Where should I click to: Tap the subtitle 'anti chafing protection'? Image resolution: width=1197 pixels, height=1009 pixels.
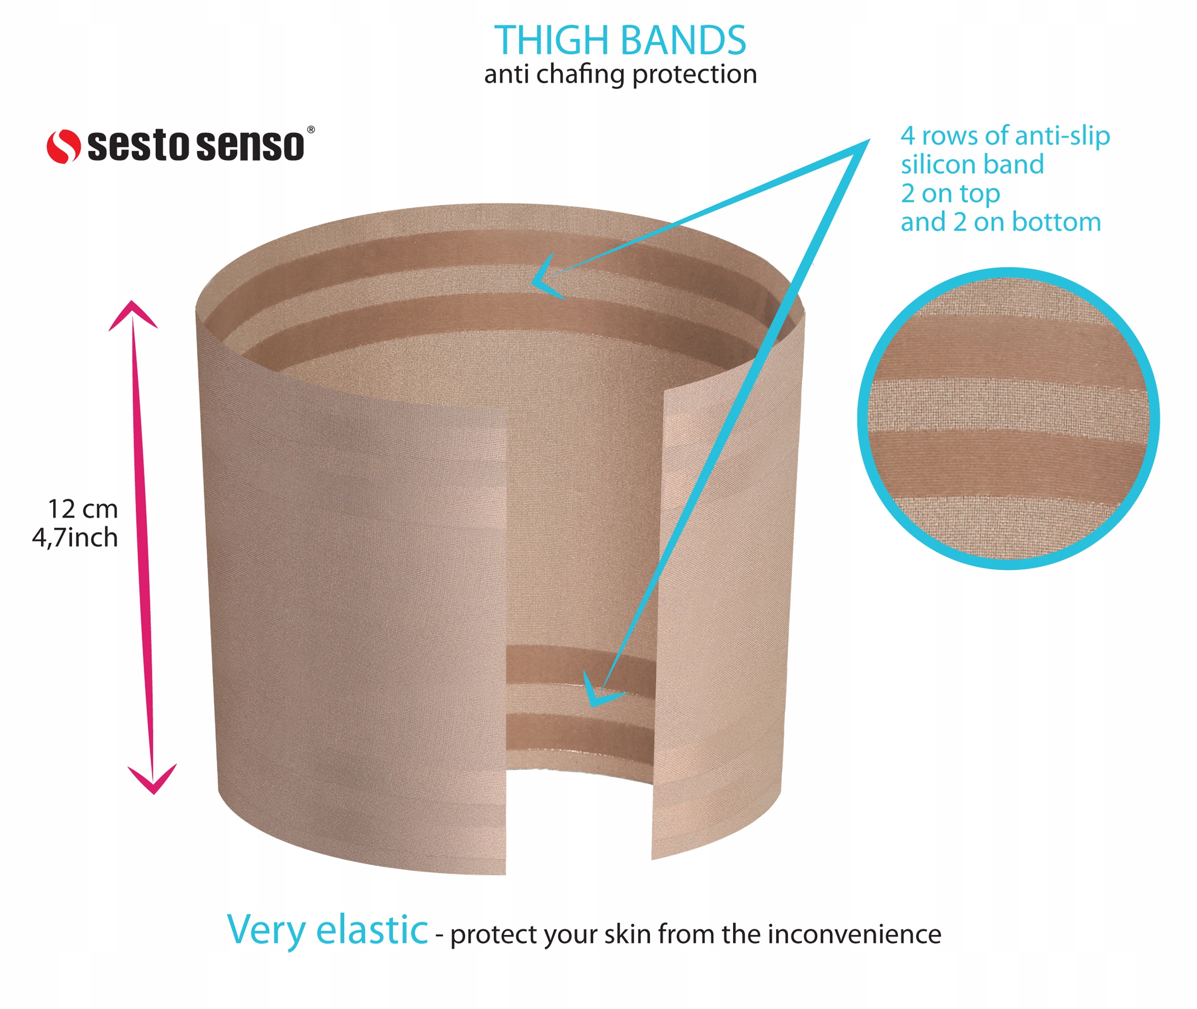621,74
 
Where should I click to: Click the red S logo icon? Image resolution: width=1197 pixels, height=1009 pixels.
63,146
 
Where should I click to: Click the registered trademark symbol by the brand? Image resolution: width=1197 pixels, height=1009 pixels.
311,130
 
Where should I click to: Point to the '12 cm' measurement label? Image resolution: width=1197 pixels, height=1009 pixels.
83,509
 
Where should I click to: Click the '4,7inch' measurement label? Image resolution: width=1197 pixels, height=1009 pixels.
75,538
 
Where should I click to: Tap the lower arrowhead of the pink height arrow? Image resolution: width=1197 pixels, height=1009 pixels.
153,780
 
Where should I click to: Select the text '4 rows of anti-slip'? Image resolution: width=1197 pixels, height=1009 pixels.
1005,136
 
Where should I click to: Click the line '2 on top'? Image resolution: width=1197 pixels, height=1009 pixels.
950,193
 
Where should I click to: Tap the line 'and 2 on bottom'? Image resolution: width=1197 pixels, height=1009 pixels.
1001,222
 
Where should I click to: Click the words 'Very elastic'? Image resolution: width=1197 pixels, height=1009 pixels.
328,930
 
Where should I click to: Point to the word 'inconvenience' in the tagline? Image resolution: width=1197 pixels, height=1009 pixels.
854,934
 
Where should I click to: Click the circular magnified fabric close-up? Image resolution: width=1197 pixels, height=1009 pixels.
1008,419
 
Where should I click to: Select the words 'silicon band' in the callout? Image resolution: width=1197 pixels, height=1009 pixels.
972,165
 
